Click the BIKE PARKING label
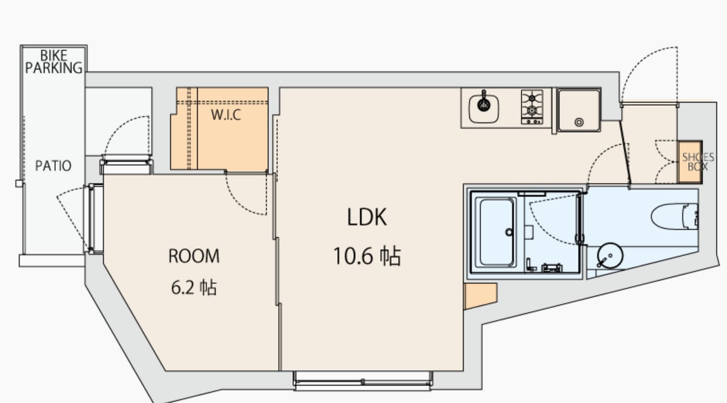(x=54, y=62)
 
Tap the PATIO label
(x=53, y=166)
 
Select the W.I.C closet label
(x=226, y=115)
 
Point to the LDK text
(x=367, y=217)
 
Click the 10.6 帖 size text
(x=367, y=256)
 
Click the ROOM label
(x=194, y=256)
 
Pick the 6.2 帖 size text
(x=194, y=287)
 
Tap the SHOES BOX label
(x=698, y=162)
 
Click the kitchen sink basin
(x=483, y=108)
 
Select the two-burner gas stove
(x=532, y=107)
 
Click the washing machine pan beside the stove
(x=579, y=110)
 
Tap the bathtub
(x=496, y=233)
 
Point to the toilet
(x=674, y=216)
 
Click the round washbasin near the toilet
(x=610, y=256)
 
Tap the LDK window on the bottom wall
(x=363, y=381)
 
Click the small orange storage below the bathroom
(x=480, y=296)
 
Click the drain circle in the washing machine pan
(x=579, y=122)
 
